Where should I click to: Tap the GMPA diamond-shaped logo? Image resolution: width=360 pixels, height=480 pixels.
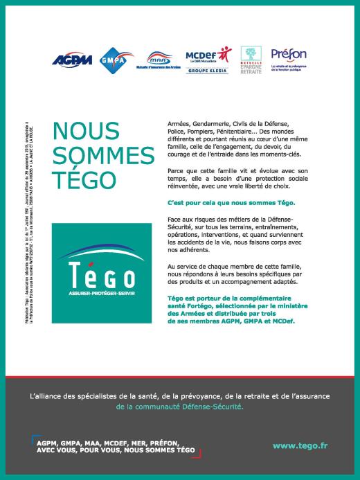(x=112, y=60)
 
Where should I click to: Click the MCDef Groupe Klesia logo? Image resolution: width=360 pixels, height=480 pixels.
(x=207, y=60)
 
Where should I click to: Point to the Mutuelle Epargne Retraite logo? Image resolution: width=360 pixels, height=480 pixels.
(x=251, y=60)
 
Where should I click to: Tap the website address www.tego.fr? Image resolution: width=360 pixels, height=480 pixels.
(x=300, y=446)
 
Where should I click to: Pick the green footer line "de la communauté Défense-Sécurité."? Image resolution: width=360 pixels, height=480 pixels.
(x=180, y=407)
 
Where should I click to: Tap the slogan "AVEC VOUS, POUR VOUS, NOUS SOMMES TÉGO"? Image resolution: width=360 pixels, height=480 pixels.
(x=116, y=450)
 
